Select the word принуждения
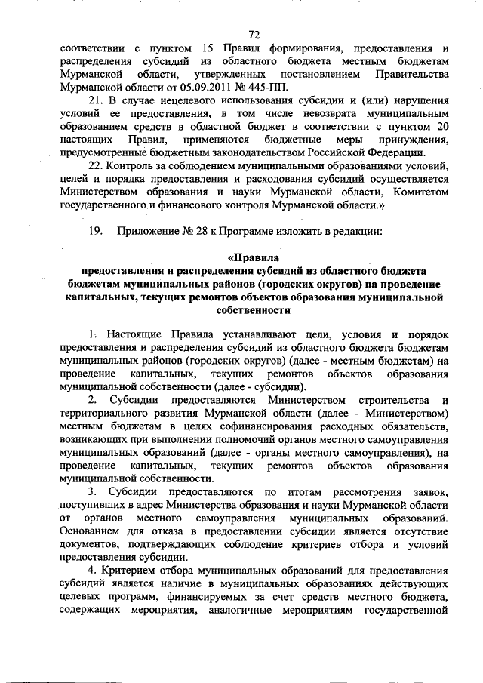coord(412,140)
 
